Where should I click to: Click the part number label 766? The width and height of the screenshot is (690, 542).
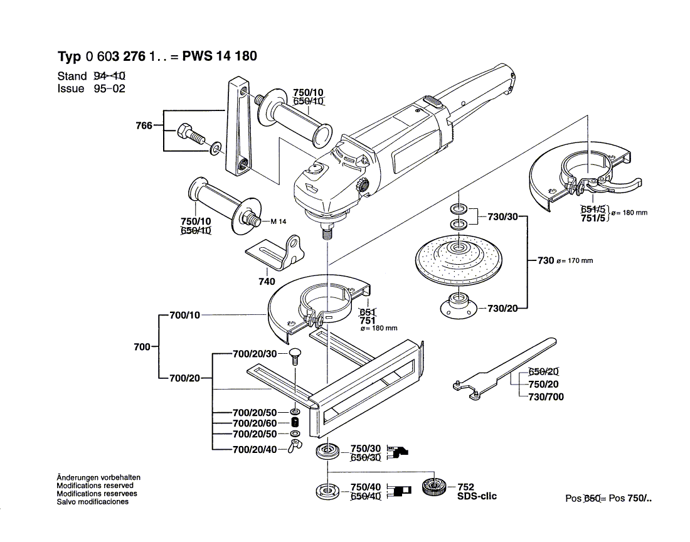[144, 126]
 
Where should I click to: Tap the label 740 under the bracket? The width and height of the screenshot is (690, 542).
[267, 282]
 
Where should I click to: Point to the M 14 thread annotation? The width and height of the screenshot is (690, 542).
[279, 221]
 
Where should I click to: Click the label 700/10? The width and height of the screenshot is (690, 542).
[184, 315]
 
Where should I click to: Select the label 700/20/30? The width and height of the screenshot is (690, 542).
[254, 354]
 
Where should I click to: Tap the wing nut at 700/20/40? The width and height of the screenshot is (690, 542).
[295, 446]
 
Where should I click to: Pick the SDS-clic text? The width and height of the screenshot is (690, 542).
[477, 496]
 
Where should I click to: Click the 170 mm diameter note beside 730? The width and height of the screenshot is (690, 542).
[574, 261]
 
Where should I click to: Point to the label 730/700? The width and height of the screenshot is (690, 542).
[546, 396]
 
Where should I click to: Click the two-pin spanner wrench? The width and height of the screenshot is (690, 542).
[502, 369]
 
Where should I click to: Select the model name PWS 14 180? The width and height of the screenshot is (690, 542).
[219, 56]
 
